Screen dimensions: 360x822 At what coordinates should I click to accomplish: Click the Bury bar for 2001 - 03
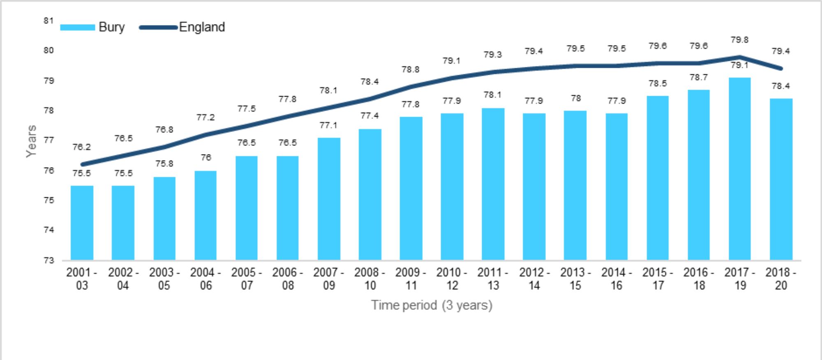pyautogui.click(x=82, y=222)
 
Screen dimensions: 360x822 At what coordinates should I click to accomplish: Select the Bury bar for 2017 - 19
pyautogui.click(x=739, y=168)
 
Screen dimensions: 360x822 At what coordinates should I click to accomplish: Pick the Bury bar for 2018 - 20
pyautogui.click(x=781, y=179)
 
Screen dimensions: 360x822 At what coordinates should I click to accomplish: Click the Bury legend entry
pyautogui.click(x=92, y=27)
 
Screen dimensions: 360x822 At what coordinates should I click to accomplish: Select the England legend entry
pyautogui.click(x=182, y=27)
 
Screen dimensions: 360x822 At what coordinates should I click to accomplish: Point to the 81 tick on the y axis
pyautogui.click(x=48, y=21)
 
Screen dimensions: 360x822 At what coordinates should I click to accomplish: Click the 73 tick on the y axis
pyautogui.click(x=48, y=260)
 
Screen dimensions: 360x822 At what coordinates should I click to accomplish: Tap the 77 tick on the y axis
pyautogui.click(x=48, y=140)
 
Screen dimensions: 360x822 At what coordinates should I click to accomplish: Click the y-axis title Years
pyautogui.click(x=31, y=141)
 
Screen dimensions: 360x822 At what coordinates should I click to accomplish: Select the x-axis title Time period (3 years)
pyautogui.click(x=432, y=305)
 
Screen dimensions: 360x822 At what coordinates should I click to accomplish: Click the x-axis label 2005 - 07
pyautogui.click(x=247, y=279)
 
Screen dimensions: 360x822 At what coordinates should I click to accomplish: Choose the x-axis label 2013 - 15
pyautogui.click(x=575, y=279)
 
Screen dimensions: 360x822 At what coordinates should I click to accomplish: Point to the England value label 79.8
pyautogui.click(x=739, y=40)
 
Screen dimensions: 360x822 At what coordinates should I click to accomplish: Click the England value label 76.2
pyautogui.click(x=81, y=147)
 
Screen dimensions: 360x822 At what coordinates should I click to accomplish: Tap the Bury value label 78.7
pyautogui.click(x=699, y=77)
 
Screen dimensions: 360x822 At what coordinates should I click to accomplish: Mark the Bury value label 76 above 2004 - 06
pyautogui.click(x=206, y=157)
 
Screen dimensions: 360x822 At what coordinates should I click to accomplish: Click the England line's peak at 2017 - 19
pyautogui.click(x=739, y=57)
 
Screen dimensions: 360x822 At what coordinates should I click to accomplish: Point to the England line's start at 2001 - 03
pyautogui.click(x=82, y=164)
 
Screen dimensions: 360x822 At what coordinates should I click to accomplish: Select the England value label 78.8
pyautogui.click(x=411, y=69)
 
